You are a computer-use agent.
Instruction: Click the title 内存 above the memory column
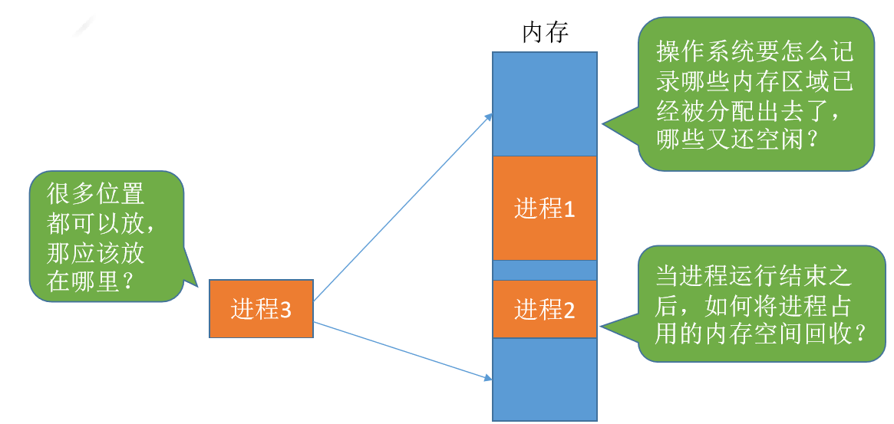coord(545,33)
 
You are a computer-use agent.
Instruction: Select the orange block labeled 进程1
coord(544,208)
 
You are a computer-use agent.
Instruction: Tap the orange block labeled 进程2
coord(544,310)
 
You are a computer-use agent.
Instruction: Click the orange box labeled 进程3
coord(261,309)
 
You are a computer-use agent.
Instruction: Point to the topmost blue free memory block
coord(544,103)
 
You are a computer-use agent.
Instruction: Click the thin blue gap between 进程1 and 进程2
coord(544,270)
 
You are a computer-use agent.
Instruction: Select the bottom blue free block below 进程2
coord(544,379)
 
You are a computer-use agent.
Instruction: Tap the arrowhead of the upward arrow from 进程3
coord(489,116)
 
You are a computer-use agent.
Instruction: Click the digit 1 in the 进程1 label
coord(569,209)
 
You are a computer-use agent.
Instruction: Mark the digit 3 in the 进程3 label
coord(285,310)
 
